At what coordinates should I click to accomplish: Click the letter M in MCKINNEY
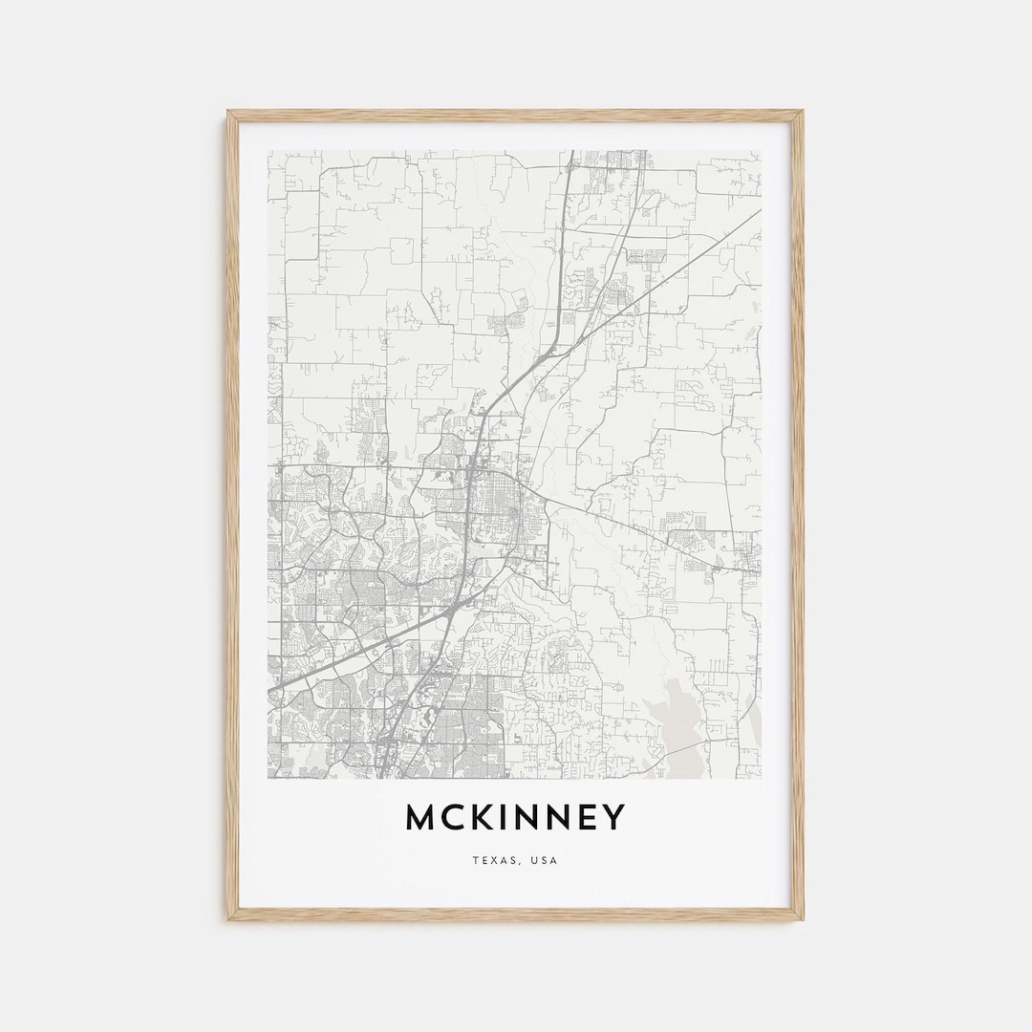pos(421,818)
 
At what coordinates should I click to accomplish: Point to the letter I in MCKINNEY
pos(507,818)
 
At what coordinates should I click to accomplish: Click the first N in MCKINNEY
pos(531,818)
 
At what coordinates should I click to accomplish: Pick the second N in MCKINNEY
pos(565,818)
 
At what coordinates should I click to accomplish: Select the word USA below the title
pos(546,861)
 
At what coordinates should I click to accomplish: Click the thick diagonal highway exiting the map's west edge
pos(287,680)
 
